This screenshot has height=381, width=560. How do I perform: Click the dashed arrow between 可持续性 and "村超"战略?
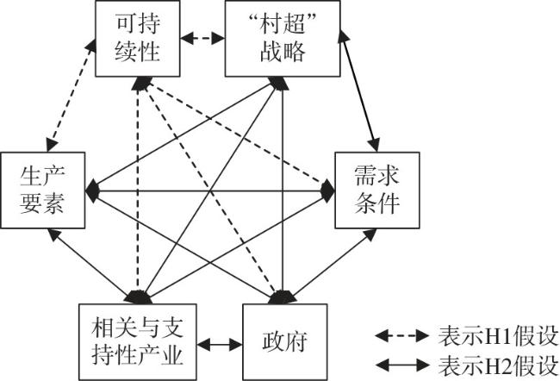click(x=207, y=38)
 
